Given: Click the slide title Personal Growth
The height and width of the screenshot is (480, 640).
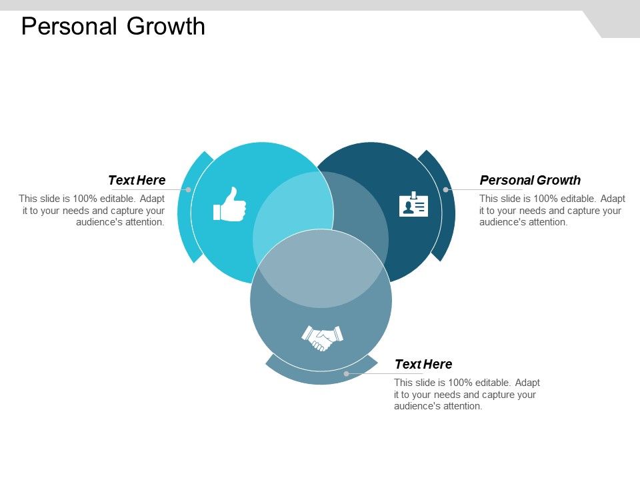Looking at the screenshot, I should tap(113, 27).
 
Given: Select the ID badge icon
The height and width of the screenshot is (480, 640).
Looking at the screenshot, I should tap(413, 205).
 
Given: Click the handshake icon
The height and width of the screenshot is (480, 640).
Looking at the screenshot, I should tap(322, 337).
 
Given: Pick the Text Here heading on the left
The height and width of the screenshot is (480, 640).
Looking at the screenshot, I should tap(137, 180).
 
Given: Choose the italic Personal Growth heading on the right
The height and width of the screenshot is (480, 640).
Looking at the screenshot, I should tap(530, 180).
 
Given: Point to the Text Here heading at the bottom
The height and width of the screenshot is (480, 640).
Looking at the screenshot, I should tap(423, 364).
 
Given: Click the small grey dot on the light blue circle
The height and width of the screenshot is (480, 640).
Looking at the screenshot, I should tap(189, 189).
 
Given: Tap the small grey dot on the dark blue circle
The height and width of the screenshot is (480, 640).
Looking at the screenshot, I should tap(445, 189).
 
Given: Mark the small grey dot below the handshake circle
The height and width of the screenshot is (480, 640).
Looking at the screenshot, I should tap(346, 373).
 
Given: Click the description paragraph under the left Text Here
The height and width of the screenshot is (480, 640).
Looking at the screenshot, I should tap(92, 211).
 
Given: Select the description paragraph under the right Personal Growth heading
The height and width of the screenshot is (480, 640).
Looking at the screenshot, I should tap(552, 211).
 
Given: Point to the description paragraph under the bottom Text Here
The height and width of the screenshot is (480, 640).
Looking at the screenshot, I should tap(467, 395).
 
